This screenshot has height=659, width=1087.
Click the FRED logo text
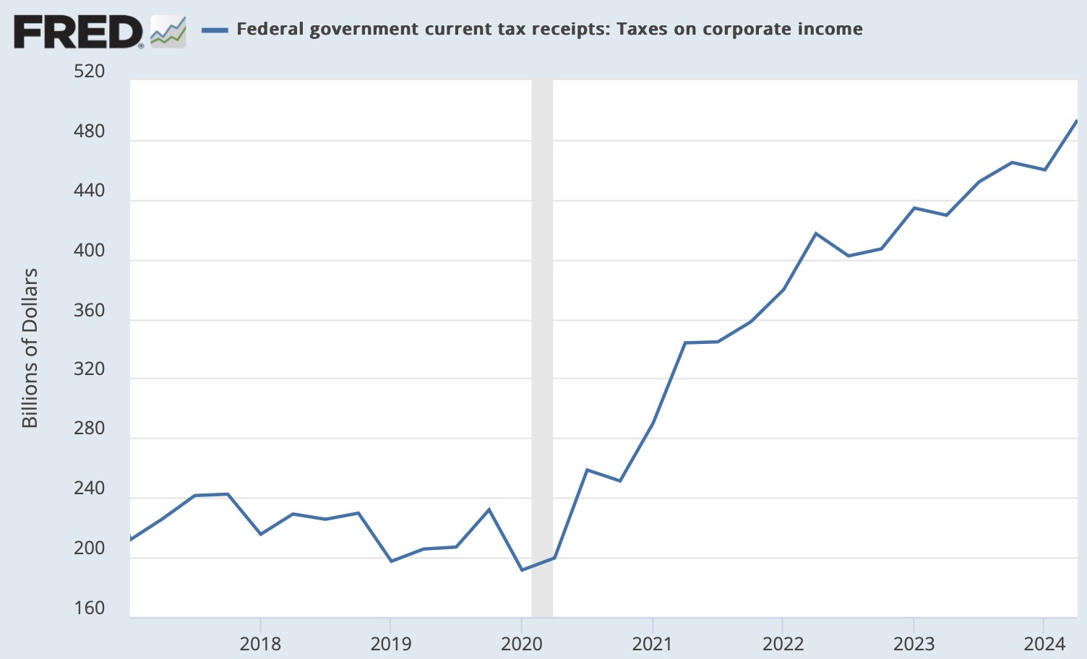[78, 31]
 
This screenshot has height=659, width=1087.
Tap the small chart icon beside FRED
[168, 32]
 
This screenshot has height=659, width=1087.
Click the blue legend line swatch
[215, 30]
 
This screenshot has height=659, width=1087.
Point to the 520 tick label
[89, 72]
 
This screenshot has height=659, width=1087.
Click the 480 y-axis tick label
[89, 132]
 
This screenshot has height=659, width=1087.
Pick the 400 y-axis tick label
[89, 251]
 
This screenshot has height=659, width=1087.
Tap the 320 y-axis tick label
[89, 369]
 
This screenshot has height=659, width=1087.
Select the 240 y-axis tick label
[89, 488]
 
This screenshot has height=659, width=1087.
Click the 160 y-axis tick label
[89, 608]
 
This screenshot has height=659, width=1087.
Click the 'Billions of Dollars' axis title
[30, 348]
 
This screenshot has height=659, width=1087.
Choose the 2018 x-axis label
[260, 643]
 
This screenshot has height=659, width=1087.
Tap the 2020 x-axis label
[522, 643]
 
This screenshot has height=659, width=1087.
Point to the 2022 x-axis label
[783, 643]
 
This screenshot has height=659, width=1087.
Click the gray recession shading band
[542, 347]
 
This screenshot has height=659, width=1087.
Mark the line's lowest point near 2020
[522, 570]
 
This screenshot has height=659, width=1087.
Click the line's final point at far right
[1077, 121]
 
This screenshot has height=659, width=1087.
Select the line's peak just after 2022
[816, 233]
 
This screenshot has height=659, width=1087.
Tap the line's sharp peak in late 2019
[489, 509]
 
